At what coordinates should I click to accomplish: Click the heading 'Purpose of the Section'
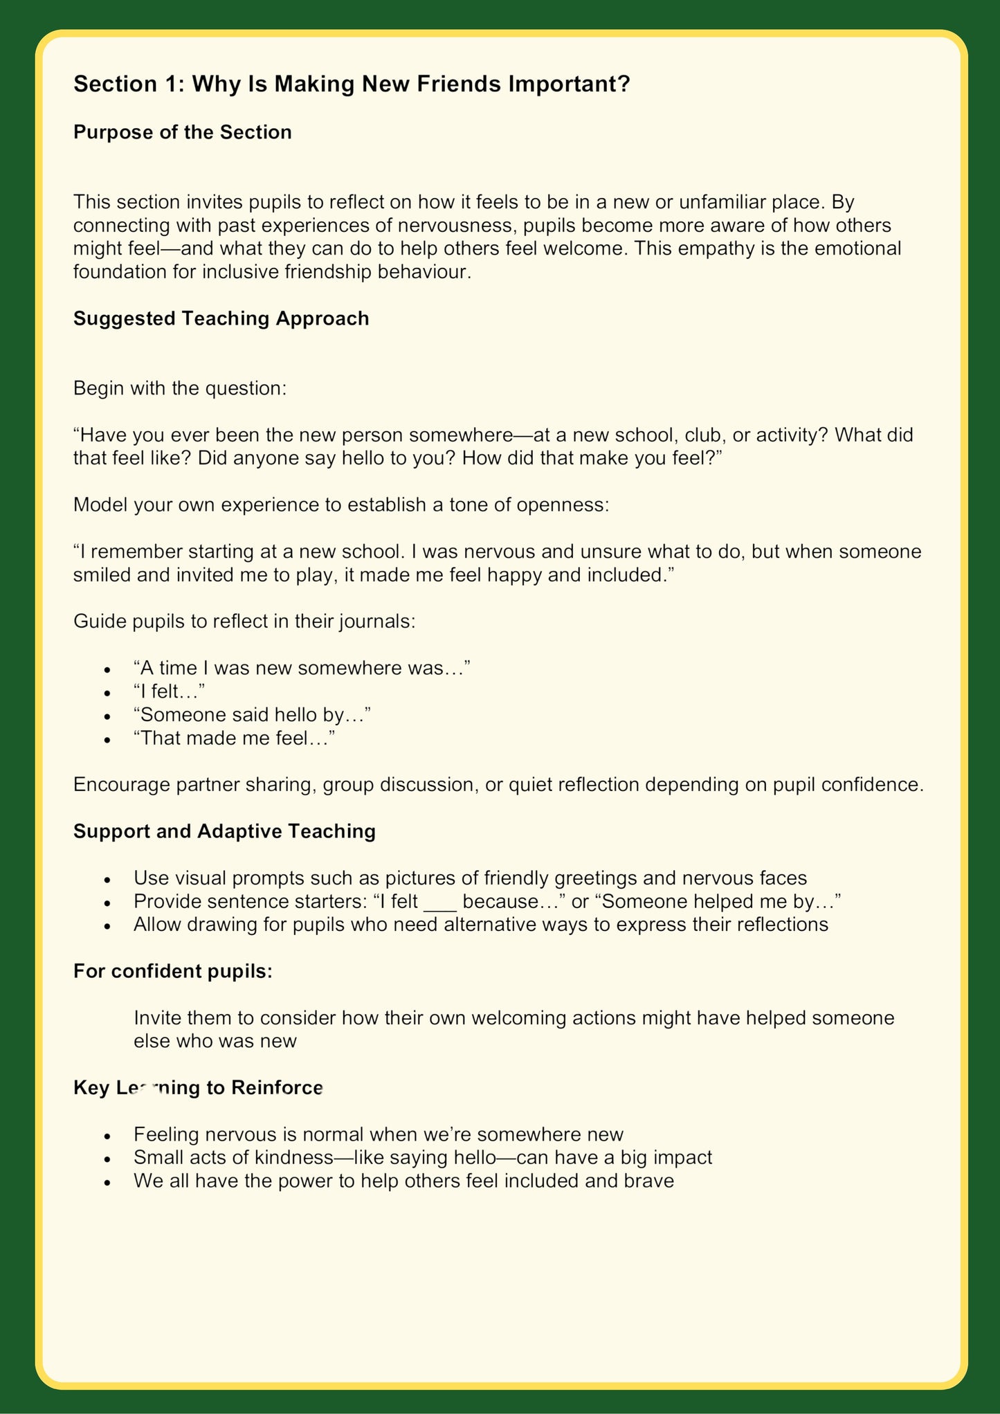click(182, 132)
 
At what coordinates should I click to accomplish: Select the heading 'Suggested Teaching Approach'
click(221, 318)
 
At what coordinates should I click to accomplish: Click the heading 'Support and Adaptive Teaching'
click(224, 831)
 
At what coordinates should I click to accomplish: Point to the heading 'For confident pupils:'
click(173, 971)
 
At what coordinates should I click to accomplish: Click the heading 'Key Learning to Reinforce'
click(198, 1088)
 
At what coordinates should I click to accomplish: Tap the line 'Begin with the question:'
click(179, 388)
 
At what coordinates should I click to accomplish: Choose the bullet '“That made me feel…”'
click(234, 738)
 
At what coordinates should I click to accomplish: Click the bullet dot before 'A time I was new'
click(106, 669)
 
